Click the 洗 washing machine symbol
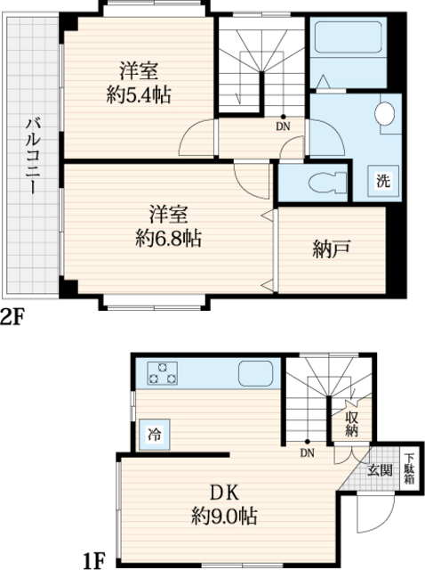(383, 180)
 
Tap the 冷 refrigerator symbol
(155, 434)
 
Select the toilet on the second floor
(328, 182)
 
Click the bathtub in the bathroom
(348, 37)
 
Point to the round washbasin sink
(385, 114)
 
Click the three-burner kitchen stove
(162, 373)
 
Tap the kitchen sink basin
(255, 373)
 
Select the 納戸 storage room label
(332, 250)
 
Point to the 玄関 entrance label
(380, 470)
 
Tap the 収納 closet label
(352, 424)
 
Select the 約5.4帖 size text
(139, 95)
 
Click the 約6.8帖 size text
(169, 239)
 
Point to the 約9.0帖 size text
(225, 516)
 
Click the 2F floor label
(12, 318)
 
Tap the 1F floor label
(95, 561)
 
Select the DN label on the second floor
(283, 126)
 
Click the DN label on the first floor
(307, 452)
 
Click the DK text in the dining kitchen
(225, 493)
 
